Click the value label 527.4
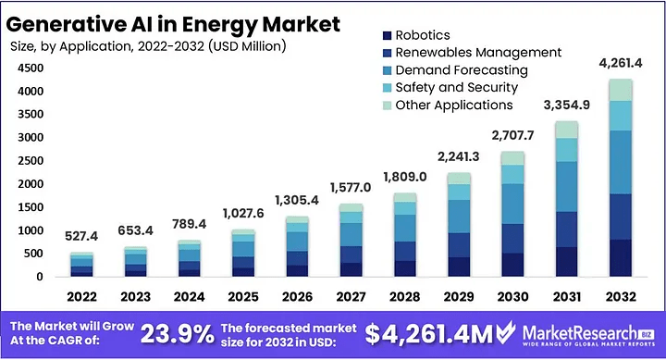[x=83, y=238]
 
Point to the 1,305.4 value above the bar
[x=297, y=201]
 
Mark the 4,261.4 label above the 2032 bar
[x=618, y=64]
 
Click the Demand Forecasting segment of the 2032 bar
[x=618, y=162]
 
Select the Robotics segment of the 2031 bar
[x=565, y=261]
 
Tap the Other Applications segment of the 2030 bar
[x=512, y=158]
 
